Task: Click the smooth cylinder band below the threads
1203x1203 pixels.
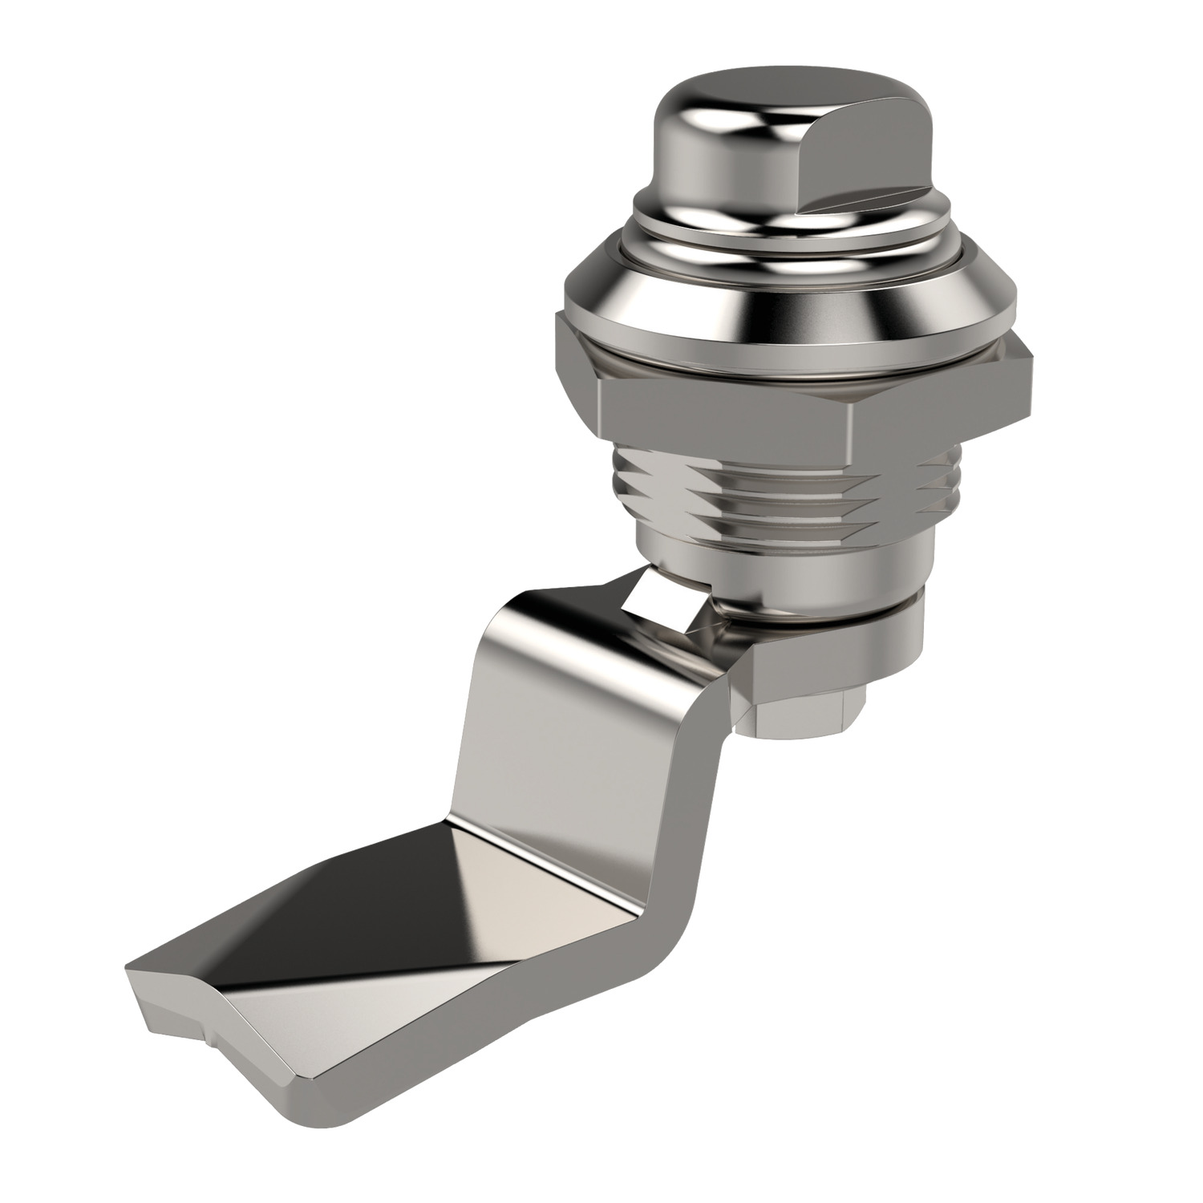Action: [x=770, y=561]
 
